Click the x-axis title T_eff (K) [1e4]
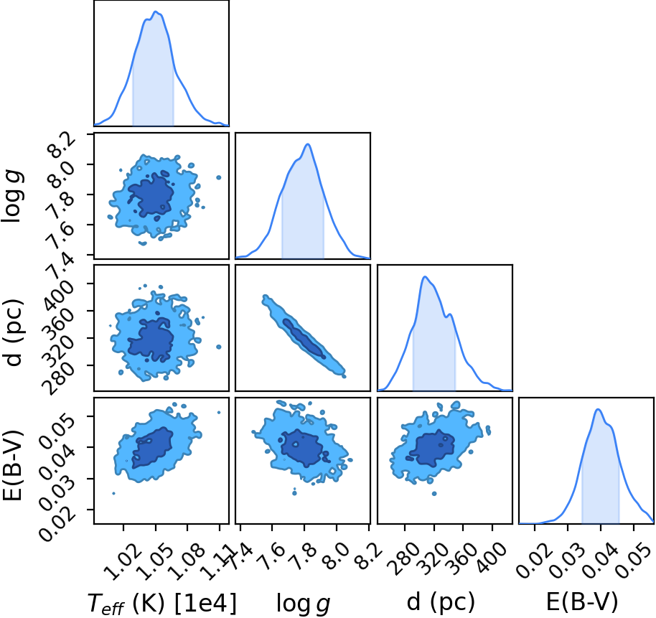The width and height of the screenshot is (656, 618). click(162, 603)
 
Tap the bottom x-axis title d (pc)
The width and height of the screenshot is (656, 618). click(441, 602)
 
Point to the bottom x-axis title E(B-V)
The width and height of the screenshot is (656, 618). click(582, 602)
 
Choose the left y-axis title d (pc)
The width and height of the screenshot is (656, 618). click(14, 332)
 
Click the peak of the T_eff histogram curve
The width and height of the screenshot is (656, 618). click(156, 11)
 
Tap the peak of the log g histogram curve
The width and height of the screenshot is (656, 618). click(308, 144)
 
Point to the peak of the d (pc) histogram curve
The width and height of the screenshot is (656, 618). click(425, 276)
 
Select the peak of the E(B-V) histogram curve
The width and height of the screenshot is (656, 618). click(598, 409)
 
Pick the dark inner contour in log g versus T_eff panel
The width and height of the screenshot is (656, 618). click(151, 195)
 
